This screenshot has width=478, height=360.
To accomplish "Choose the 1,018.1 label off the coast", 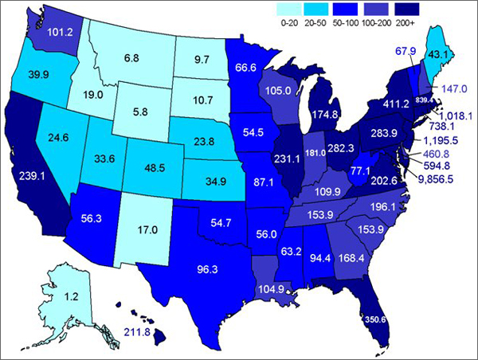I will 453,115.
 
